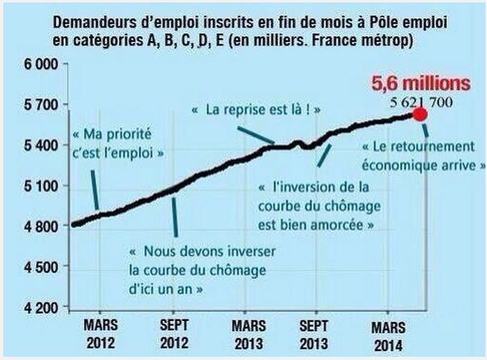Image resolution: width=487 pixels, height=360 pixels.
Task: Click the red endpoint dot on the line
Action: pyautogui.click(x=420, y=114)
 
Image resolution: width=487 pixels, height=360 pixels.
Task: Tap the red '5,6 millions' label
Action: pyautogui.click(x=409, y=83)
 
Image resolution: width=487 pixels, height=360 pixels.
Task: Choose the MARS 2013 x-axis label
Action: pyautogui.click(x=248, y=332)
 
